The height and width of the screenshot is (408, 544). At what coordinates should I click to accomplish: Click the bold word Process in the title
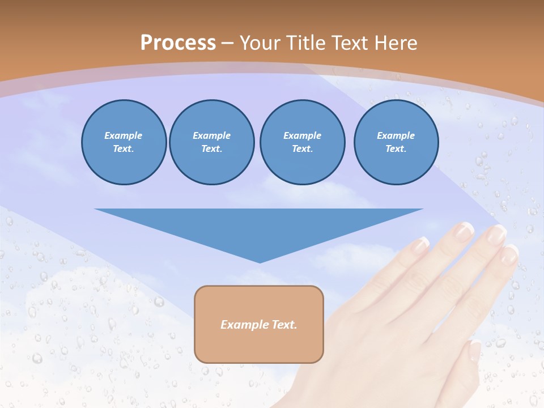tap(178, 43)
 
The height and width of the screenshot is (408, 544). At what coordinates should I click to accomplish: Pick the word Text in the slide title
tap(350, 43)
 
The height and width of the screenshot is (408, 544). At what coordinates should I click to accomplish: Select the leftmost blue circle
tap(124, 142)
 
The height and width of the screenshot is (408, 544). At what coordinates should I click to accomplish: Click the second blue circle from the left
tap(211, 142)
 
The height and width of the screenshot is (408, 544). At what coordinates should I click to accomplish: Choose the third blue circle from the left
tap(302, 142)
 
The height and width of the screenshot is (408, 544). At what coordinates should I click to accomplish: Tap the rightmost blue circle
tap(396, 142)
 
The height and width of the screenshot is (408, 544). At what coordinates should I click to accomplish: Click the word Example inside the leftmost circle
tap(124, 135)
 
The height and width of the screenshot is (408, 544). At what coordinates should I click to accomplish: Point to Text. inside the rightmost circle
tap(396, 149)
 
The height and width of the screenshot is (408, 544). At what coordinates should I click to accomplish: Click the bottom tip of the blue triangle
tap(260, 261)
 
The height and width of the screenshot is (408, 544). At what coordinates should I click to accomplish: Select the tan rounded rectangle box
tap(259, 324)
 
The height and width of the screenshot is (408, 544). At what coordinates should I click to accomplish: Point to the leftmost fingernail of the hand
tap(420, 244)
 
